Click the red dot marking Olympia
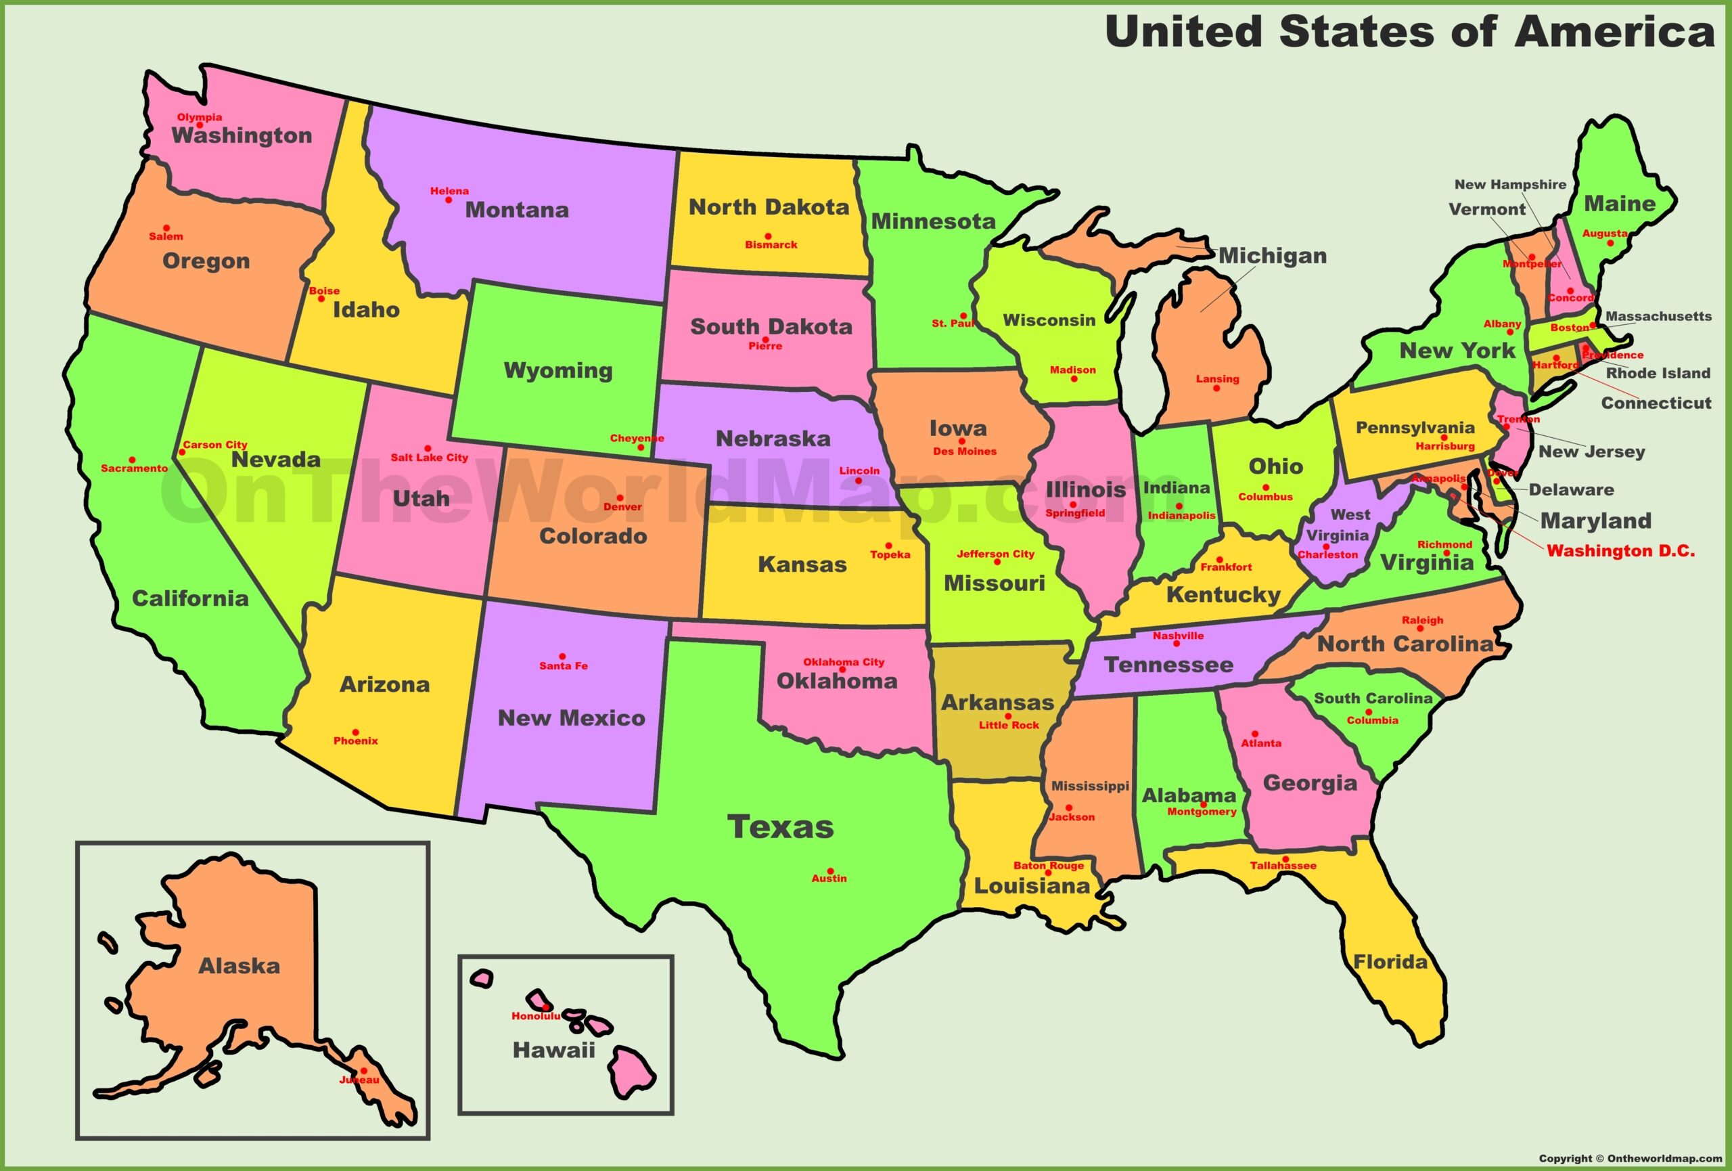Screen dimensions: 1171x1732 pyautogui.click(x=199, y=125)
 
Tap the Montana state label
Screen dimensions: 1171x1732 pyautogui.click(x=516, y=211)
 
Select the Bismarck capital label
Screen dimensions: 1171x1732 pyautogui.click(x=771, y=245)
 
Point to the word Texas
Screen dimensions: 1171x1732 pyautogui.click(x=779, y=827)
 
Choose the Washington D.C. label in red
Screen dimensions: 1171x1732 pyautogui.click(x=1620, y=552)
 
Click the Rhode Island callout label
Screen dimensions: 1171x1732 pyautogui.click(x=1658, y=374)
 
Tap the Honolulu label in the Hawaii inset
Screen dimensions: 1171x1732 pyautogui.click(x=535, y=1016)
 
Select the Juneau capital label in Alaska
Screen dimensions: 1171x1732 pyautogui.click(x=359, y=1080)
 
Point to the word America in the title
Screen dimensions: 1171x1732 pyautogui.click(x=1615, y=32)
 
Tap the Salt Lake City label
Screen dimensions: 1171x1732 pyautogui.click(x=429, y=458)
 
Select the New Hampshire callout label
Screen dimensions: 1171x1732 pyautogui.click(x=1510, y=184)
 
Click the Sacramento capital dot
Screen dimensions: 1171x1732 pyautogui.click(x=132, y=460)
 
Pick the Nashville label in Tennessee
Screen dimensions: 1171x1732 pyautogui.click(x=1179, y=636)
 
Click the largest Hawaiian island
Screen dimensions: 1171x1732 pyautogui.click(x=633, y=1071)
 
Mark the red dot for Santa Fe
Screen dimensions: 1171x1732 pyautogui.click(x=562, y=657)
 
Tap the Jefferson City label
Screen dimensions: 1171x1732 pyautogui.click(x=995, y=554)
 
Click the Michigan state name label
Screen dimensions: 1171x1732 pyautogui.click(x=1272, y=256)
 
